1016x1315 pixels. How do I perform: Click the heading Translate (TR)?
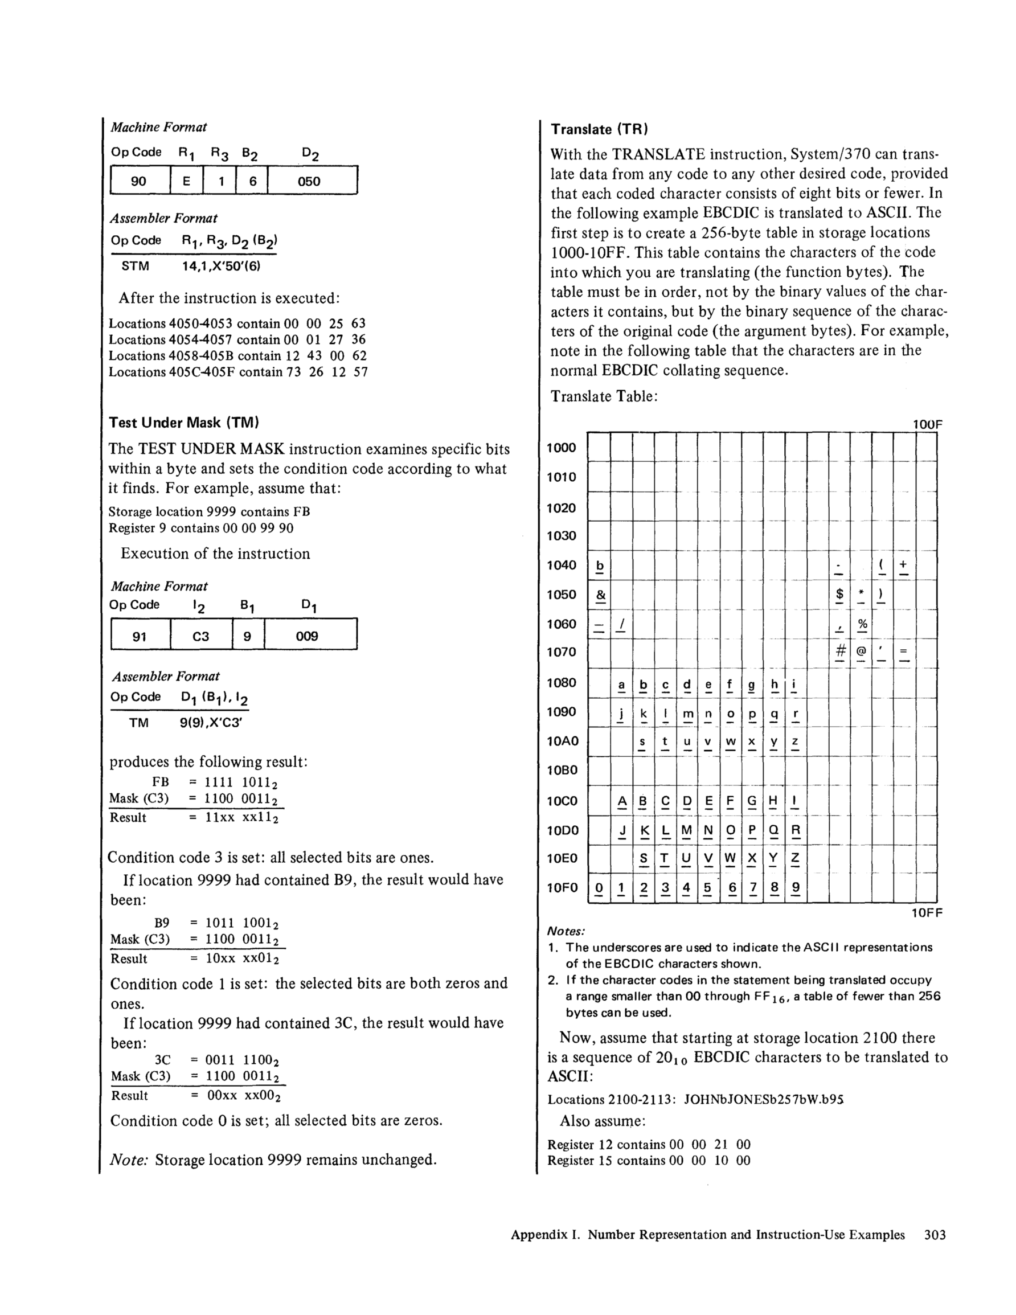(x=599, y=129)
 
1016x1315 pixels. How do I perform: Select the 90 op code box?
(x=138, y=181)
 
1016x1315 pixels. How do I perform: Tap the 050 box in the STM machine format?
(x=309, y=181)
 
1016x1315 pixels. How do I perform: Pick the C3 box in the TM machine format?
(x=200, y=636)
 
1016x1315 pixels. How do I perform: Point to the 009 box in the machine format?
(x=307, y=636)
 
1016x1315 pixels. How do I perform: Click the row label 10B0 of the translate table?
(x=562, y=770)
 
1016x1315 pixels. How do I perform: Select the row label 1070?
(x=562, y=652)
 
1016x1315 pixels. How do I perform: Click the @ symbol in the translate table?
(x=861, y=652)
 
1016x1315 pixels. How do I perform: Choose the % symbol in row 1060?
(x=862, y=624)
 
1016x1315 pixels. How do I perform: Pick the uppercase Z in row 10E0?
(x=795, y=858)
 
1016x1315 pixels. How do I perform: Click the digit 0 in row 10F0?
(x=599, y=887)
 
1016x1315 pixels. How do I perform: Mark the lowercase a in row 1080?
(x=621, y=684)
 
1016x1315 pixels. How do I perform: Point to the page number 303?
(x=935, y=1235)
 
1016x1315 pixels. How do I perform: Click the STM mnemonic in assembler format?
(x=136, y=265)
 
